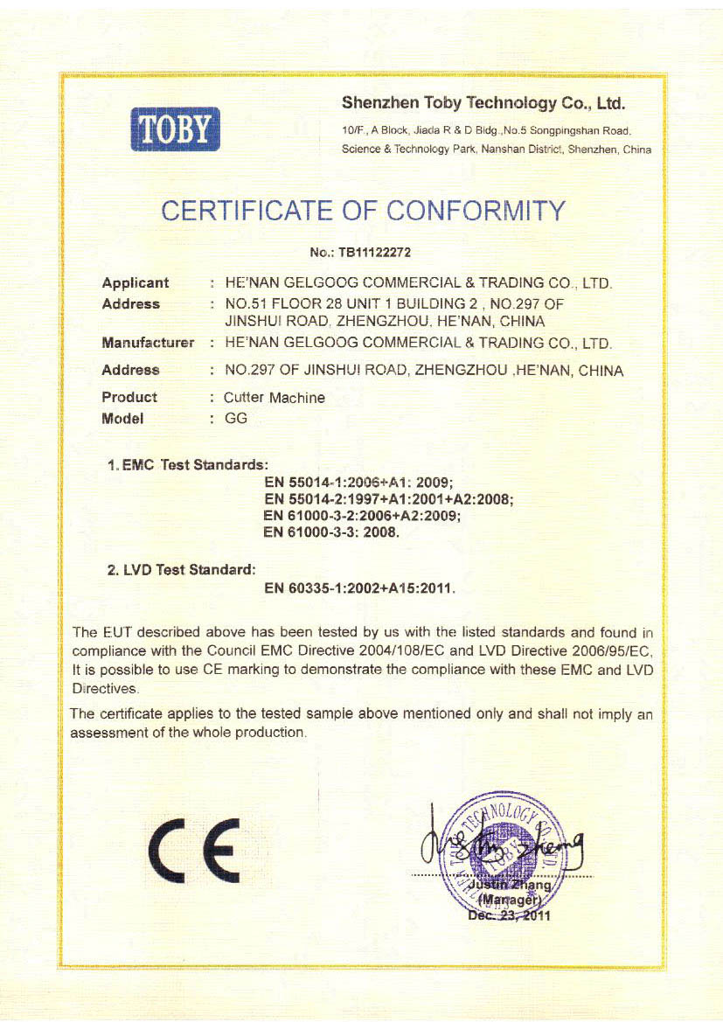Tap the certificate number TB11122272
coord(372,253)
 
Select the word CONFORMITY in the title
coord(476,211)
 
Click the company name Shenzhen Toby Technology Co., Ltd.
coord(483,104)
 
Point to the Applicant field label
coord(136,282)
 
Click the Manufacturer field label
coord(148,343)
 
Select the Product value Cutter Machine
coord(275,398)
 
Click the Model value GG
coord(236,418)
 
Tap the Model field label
coord(122,418)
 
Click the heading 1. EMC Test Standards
coord(187,464)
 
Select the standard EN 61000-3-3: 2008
coord(331,532)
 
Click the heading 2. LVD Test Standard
coord(181,570)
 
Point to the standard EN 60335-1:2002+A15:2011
coord(360,588)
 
